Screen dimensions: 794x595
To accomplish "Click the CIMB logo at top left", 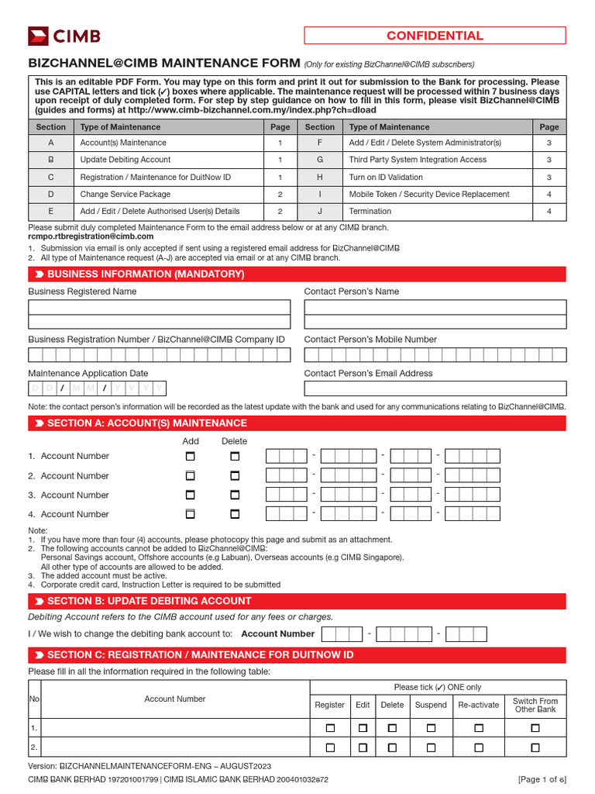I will [64, 36].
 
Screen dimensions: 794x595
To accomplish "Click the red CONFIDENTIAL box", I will [435, 36].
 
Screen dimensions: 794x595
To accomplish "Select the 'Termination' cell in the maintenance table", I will [370, 211].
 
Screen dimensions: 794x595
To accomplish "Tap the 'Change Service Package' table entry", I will [125, 194].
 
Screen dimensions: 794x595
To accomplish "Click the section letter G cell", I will [319, 160].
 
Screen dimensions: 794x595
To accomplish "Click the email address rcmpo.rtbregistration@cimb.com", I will [91, 236].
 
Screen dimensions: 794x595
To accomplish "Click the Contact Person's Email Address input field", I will [435, 388].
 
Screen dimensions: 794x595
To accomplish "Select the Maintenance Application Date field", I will [97, 388].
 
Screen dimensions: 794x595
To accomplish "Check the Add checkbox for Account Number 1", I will [191, 457].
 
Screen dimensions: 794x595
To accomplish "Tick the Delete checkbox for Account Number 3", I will [235, 495].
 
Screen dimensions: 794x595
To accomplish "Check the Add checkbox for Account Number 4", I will [191, 514].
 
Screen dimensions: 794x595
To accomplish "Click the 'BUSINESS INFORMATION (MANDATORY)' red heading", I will [146, 274].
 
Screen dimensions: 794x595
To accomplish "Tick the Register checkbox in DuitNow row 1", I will [330, 729].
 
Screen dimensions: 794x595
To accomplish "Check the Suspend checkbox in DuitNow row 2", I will [431, 748].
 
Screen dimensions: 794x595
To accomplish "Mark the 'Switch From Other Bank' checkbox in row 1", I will [535, 729].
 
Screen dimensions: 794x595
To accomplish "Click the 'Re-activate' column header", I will [478, 705].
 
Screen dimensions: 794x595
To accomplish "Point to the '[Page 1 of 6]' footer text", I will [542, 779].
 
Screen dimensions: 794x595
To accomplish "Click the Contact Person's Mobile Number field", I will [435, 355].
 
